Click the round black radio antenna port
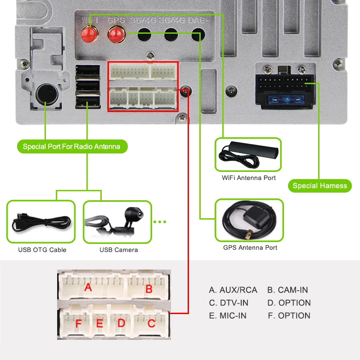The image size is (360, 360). tap(45, 94)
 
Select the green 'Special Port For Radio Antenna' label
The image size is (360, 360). tap(72, 147)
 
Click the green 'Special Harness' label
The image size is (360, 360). tap(319, 186)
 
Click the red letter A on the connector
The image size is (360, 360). tap(88, 286)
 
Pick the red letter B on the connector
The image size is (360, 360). tap(148, 289)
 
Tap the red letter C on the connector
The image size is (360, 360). tap(151, 323)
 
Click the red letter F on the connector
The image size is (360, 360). tap(78, 324)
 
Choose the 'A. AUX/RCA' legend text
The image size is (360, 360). tap(233, 290)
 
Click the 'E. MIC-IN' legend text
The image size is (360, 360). tap(228, 315)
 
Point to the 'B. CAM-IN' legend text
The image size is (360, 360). tap(288, 290)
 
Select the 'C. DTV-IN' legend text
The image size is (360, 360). tap(229, 303)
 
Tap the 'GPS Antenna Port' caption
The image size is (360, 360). tap(250, 247)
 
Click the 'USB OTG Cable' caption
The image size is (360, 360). tap(42, 250)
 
